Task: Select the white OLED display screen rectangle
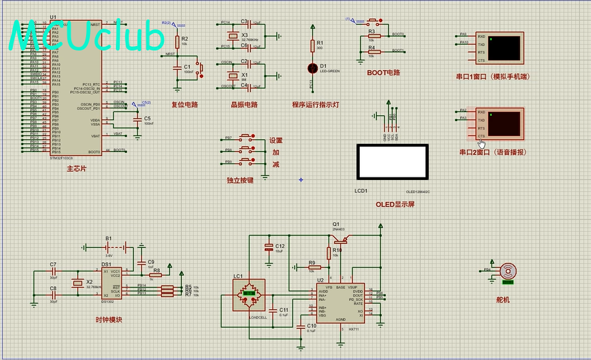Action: pos(392,162)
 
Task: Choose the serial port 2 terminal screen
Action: pos(503,123)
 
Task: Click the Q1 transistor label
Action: pos(336,224)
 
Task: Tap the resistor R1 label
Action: pos(320,43)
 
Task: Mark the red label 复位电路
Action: pos(184,104)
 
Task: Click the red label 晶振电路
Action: pos(244,104)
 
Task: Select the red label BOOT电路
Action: pos(383,73)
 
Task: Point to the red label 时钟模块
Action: pos(109,319)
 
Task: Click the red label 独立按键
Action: pos(240,181)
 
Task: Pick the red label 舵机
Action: pos(504,300)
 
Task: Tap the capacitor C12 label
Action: pos(280,246)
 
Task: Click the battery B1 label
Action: pos(109,238)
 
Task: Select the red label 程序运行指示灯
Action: pos(315,104)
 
